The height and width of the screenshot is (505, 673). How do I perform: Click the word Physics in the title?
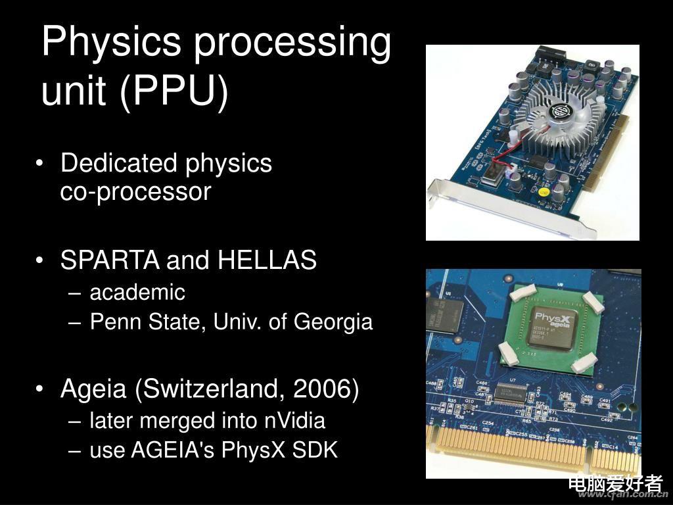tap(111, 43)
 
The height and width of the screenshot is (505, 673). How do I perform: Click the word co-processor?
tap(135, 192)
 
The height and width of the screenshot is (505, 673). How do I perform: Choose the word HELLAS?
tap(267, 260)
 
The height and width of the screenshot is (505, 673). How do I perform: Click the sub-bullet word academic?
tap(137, 292)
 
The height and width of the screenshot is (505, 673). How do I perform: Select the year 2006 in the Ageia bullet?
tap(322, 389)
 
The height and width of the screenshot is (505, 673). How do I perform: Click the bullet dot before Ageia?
tap(43, 390)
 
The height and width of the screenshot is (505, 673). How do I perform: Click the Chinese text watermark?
tap(615, 483)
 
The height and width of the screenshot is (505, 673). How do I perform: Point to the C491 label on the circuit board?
tap(605, 400)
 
